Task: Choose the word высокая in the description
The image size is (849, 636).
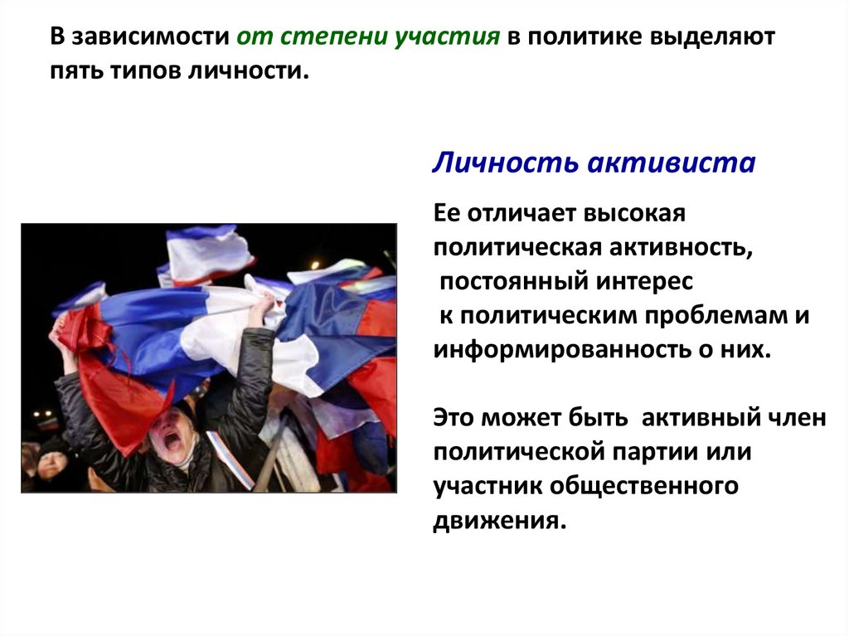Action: tap(635, 215)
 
